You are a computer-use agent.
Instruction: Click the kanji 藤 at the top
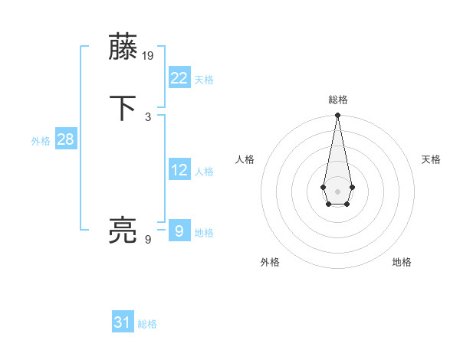tap(124, 47)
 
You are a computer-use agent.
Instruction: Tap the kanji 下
tap(124, 108)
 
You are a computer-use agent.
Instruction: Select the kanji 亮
tap(124, 230)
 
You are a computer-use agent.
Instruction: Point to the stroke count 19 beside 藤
tap(149, 55)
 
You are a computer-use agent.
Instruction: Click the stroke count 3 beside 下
tap(148, 116)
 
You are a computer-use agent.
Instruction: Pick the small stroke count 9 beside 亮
tap(148, 239)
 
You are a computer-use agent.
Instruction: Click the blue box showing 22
tap(179, 78)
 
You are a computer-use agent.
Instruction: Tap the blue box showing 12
tap(179, 170)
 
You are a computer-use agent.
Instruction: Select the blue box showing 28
tap(65, 139)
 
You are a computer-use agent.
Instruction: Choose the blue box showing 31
tap(123, 322)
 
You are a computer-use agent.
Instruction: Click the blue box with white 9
tap(179, 231)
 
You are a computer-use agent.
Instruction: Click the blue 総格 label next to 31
tap(147, 324)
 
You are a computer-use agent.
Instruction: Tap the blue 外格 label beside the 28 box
tap(41, 141)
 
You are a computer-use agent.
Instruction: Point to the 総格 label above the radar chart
tap(338, 100)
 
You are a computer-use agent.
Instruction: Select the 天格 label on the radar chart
tap(431, 159)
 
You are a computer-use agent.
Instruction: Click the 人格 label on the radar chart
tap(245, 159)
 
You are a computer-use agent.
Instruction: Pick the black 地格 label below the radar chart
tap(402, 262)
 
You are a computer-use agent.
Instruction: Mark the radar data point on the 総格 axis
tap(337, 116)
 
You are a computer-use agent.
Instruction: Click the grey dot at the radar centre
tap(337, 190)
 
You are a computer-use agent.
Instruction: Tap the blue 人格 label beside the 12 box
tap(204, 172)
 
